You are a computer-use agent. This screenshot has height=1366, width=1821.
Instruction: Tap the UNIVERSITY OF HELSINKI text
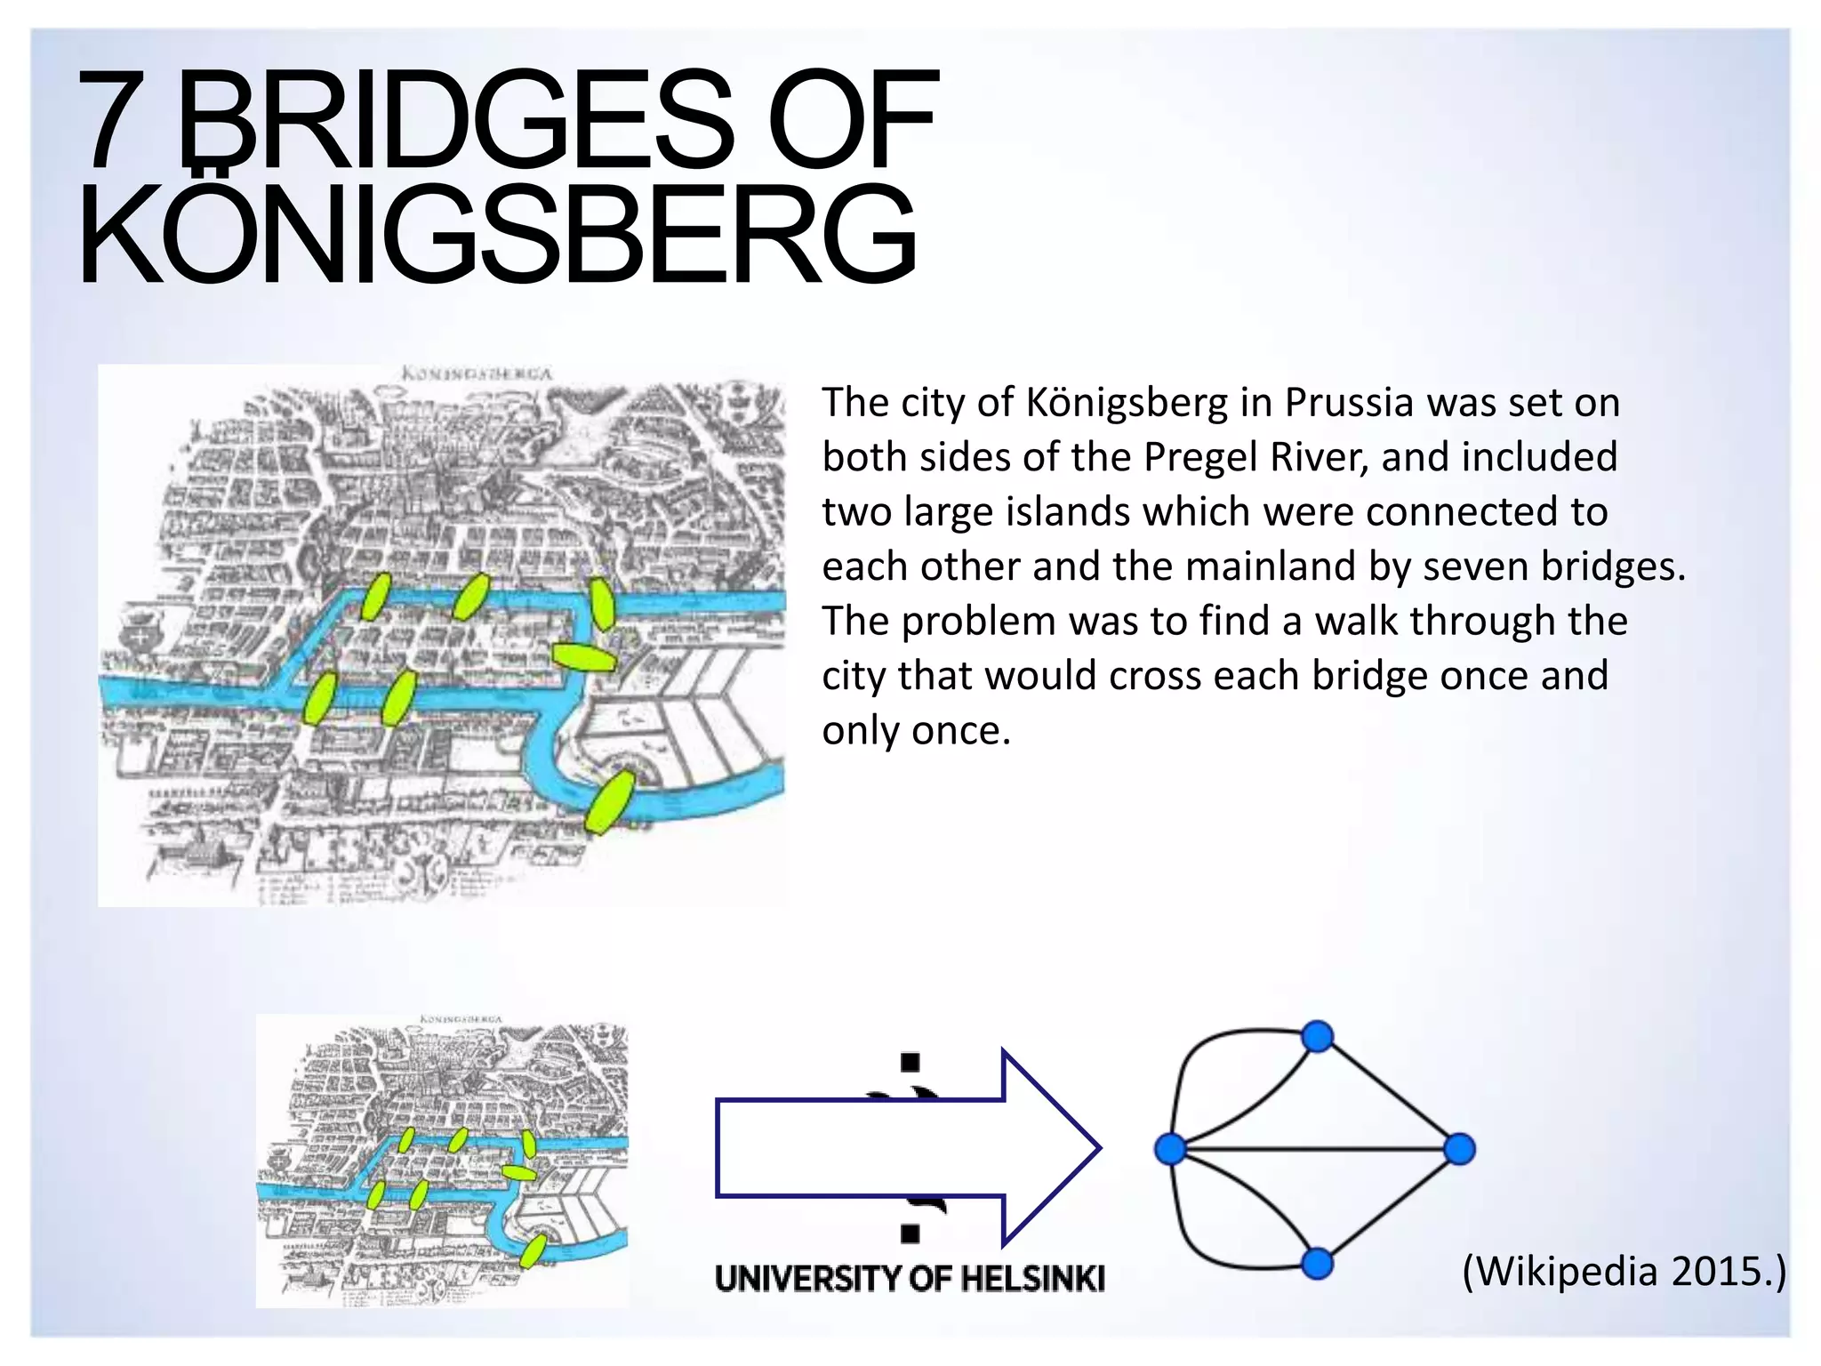[x=910, y=1279]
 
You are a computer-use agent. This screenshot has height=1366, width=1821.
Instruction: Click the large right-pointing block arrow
[x=907, y=1148]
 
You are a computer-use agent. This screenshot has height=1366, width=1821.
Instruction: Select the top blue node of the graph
[x=1317, y=1036]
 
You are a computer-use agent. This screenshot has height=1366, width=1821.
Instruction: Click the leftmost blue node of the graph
[x=1171, y=1149]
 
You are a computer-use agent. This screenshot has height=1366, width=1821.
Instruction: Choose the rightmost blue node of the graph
[x=1459, y=1149]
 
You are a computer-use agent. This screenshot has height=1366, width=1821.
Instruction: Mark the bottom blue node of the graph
[x=1317, y=1263]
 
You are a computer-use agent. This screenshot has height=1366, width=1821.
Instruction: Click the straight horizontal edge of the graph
[x=1316, y=1149]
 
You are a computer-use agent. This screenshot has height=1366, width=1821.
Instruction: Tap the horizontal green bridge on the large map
[x=583, y=657]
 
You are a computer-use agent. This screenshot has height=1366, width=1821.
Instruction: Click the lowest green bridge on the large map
[x=610, y=802]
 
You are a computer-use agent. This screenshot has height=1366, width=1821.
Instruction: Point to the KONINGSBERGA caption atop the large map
[x=477, y=373]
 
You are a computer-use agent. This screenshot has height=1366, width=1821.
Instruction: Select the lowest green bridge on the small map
[x=533, y=1251]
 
